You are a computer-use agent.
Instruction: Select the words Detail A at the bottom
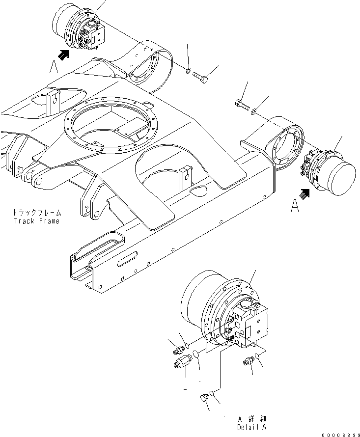pos(251,427)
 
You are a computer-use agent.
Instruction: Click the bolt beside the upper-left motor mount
pos(200,76)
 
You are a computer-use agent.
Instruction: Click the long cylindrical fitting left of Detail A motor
pos(183,364)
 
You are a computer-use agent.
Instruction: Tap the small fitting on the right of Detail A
pos(249,362)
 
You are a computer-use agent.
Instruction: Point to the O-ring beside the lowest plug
pos(212,392)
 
